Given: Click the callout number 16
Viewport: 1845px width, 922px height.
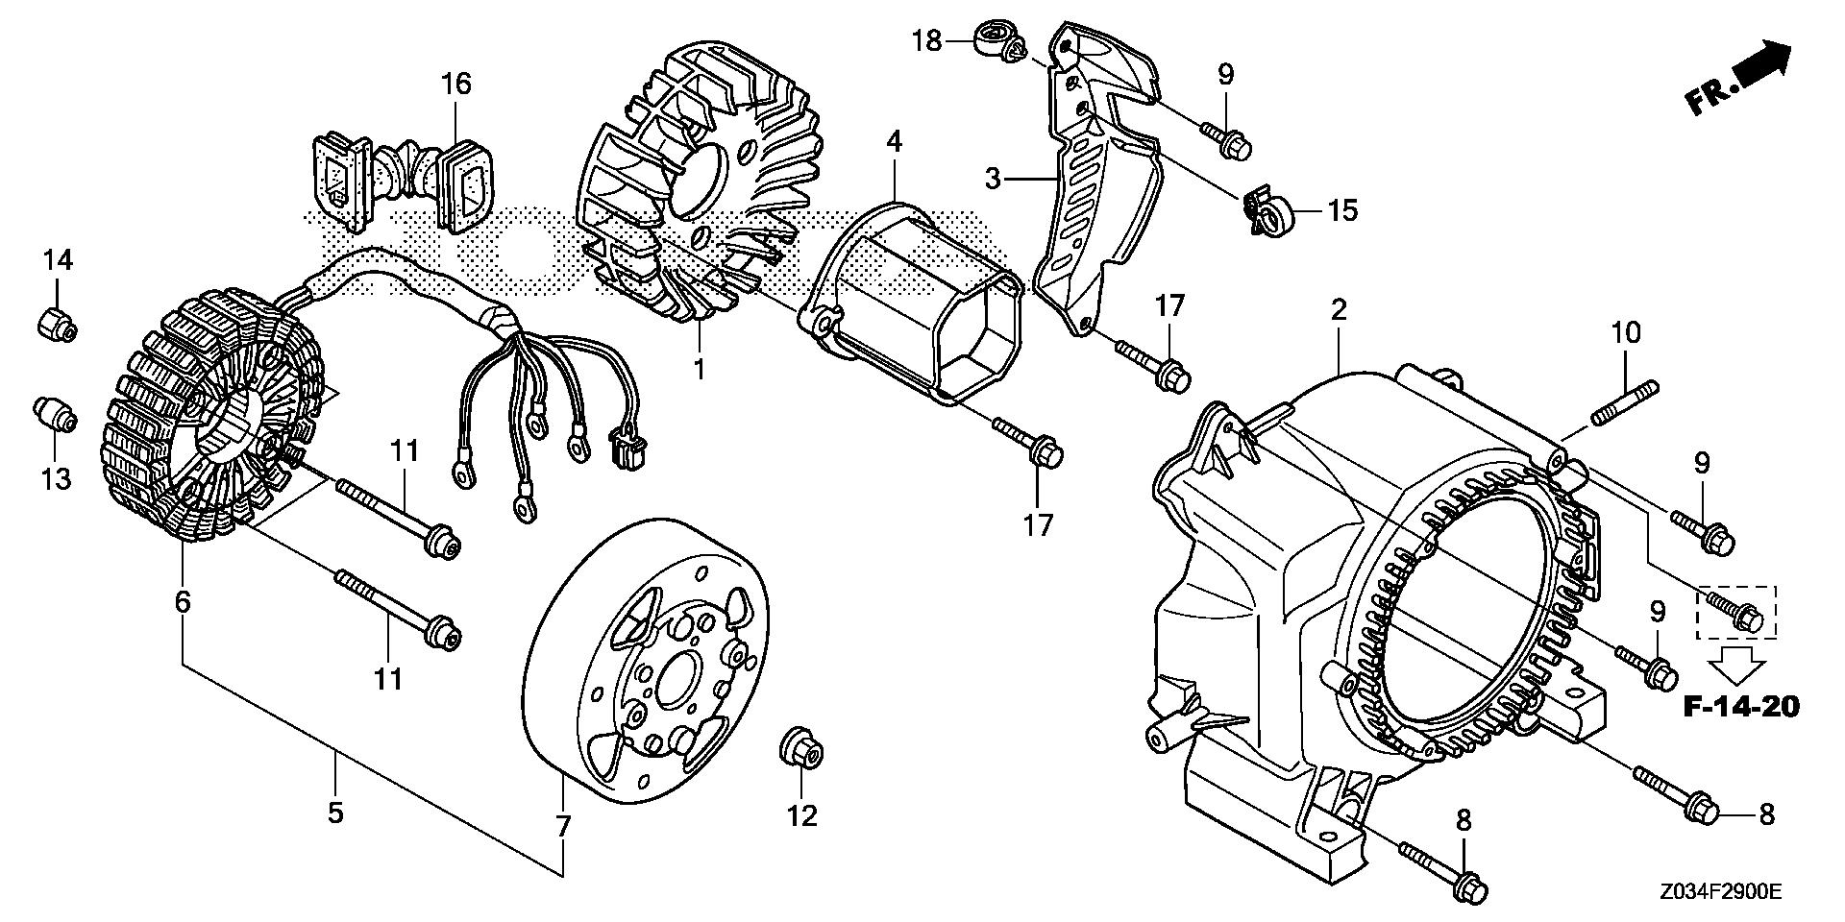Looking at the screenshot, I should pyautogui.click(x=456, y=85).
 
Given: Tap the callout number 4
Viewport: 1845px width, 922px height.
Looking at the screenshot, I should pyautogui.click(x=894, y=142).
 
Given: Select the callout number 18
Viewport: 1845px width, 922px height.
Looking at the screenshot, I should pyautogui.click(x=926, y=40).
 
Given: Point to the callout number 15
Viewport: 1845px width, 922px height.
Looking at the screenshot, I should pyautogui.click(x=1342, y=209).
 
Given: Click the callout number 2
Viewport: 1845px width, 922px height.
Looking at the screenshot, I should pyautogui.click(x=1338, y=309).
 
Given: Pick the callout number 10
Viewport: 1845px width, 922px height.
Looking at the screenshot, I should pyautogui.click(x=1626, y=334).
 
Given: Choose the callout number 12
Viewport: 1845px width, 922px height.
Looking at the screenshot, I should pyautogui.click(x=802, y=815).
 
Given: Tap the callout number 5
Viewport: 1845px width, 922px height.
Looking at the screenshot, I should pyautogui.click(x=334, y=813).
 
